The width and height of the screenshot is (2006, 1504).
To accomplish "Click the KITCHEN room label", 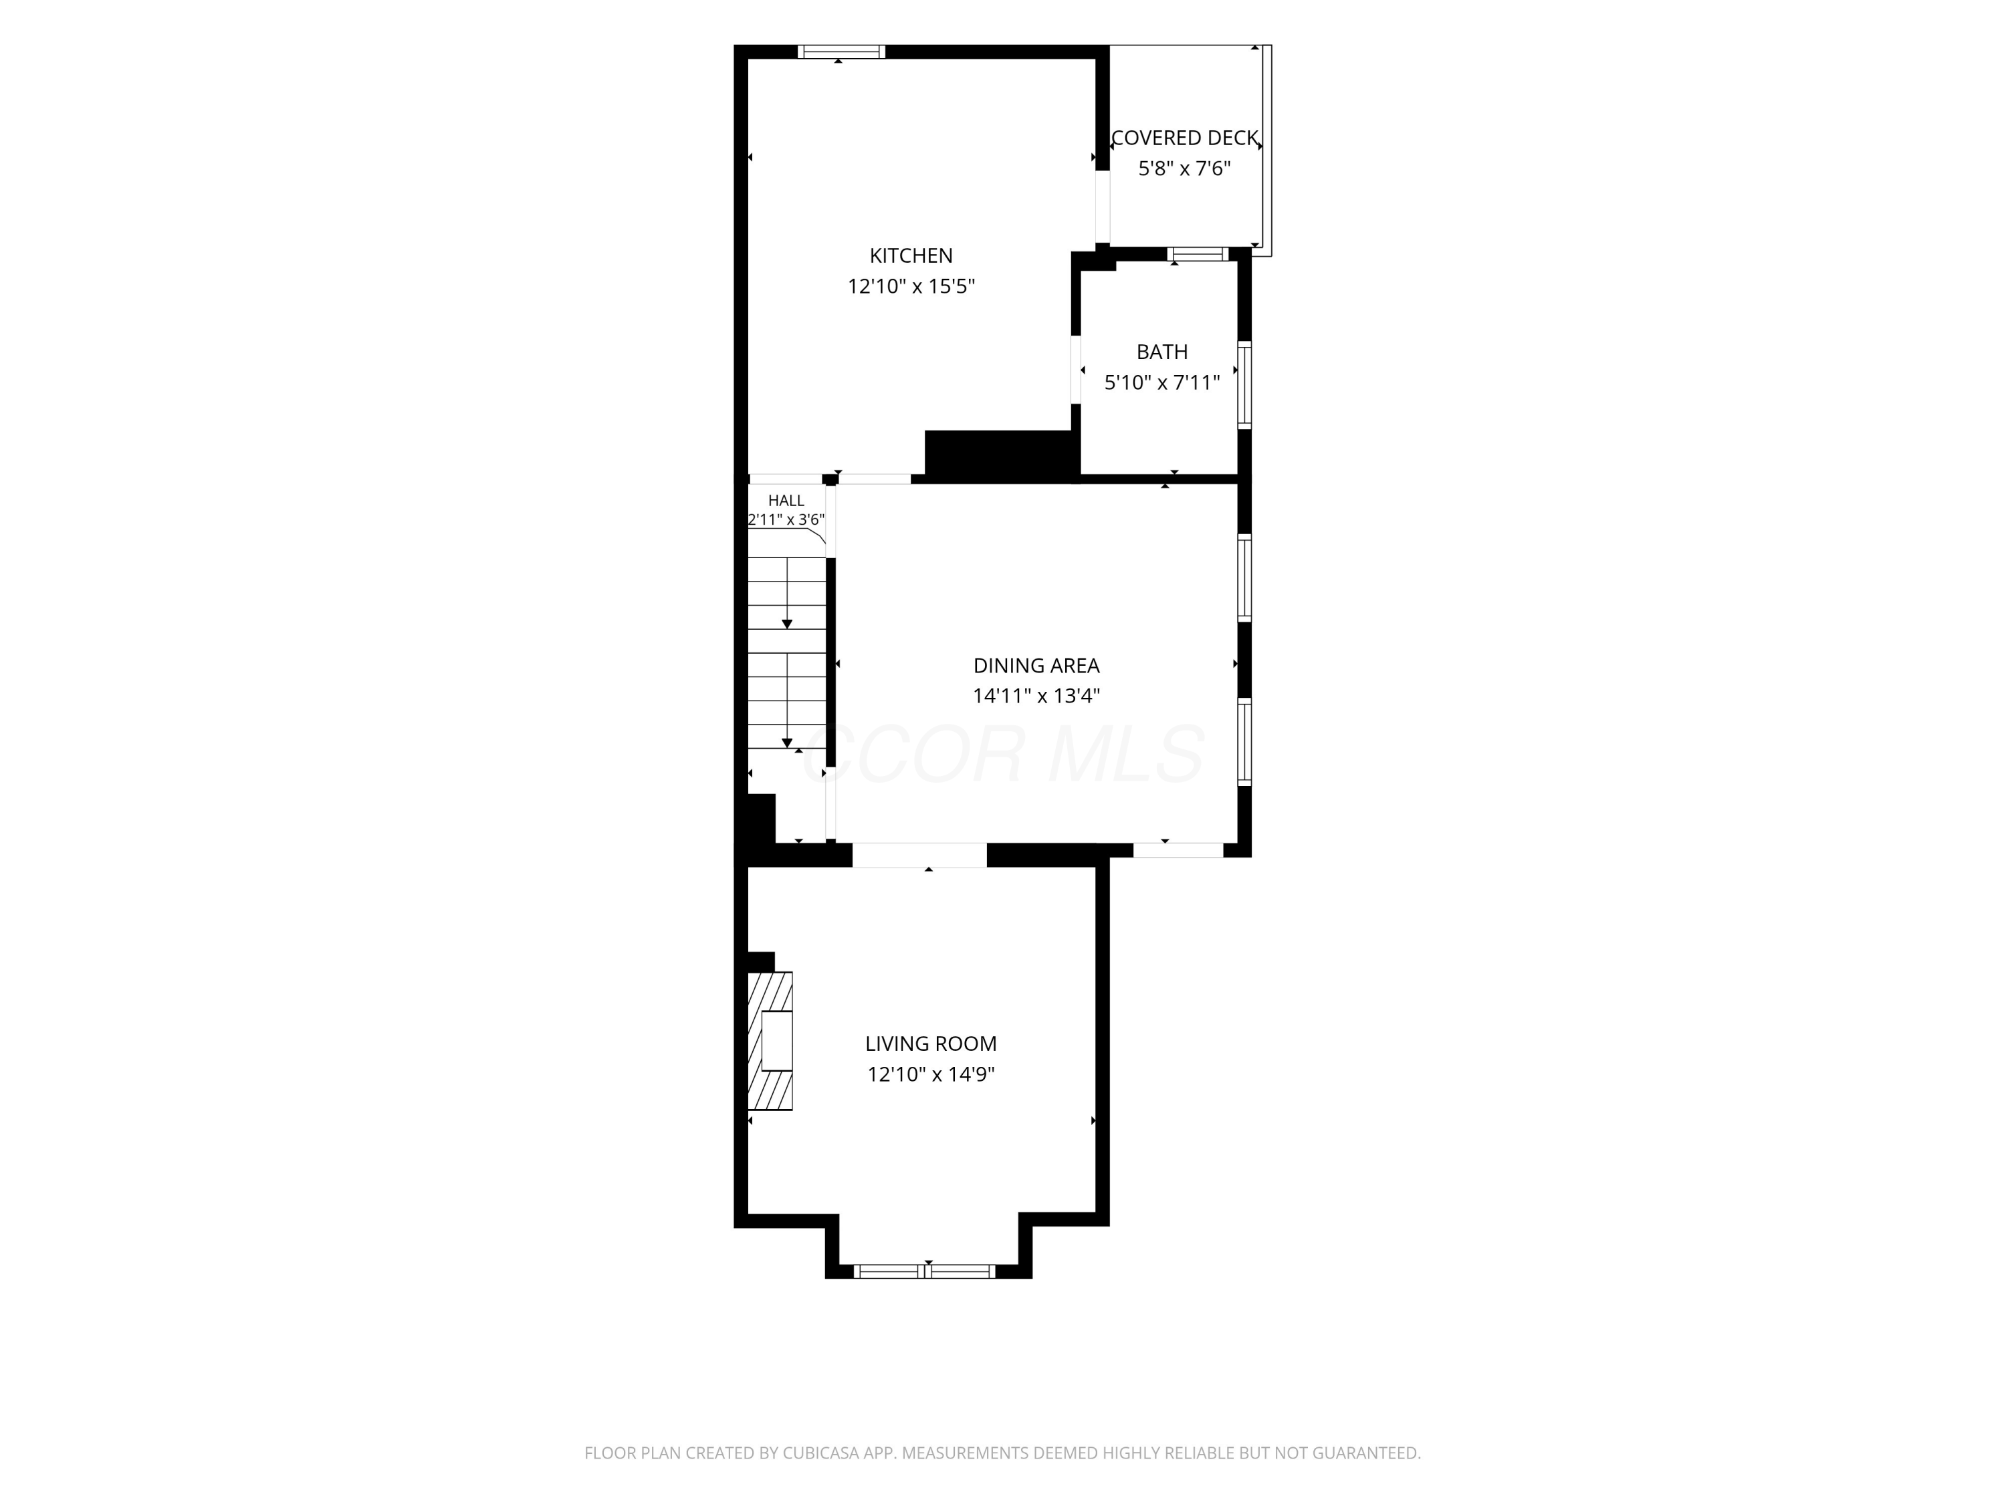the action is point(911,255).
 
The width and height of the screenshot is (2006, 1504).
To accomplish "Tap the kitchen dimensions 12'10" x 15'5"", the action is point(911,287).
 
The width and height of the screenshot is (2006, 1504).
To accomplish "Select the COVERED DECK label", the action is point(1184,138).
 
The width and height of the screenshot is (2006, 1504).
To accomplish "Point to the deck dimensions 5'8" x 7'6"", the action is point(1184,168).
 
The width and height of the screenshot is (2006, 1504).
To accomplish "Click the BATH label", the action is point(1161,352).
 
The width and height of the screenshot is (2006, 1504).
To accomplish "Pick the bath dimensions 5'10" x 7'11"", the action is point(1161,382).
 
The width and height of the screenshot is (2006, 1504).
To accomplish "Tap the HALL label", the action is point(786,501).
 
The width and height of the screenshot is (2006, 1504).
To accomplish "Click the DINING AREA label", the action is point(1036,665).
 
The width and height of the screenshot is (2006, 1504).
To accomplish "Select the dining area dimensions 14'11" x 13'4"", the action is point(1036,697).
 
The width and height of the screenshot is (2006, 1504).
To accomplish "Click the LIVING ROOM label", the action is point(931,1043).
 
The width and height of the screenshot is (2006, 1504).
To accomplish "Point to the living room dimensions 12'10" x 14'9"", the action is point(931,1074).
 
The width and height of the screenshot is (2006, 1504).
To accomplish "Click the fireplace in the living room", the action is point(770,1041).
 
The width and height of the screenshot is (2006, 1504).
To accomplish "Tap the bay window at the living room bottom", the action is point(926,1271).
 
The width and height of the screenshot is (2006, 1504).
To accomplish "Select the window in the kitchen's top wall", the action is point(842,51).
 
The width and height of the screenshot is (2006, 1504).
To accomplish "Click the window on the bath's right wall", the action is point(1245,384).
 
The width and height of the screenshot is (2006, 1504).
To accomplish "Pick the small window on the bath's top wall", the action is point(1198,254).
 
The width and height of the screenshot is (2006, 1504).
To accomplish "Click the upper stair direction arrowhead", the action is point(787,624).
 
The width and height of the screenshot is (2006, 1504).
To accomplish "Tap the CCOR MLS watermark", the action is point(1004,754).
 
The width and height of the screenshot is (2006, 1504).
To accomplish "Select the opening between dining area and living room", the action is point(919,855).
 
